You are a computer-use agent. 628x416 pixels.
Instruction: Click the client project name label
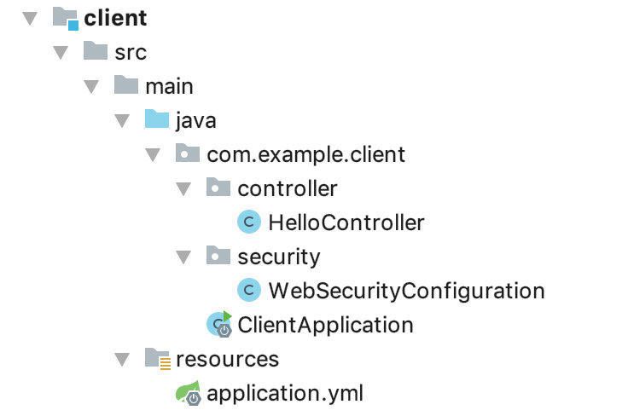tap(115, 18)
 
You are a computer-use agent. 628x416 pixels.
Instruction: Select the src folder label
tap(131, 52)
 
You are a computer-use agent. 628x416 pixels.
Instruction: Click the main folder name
tap(169, 86)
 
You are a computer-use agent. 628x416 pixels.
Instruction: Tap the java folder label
tap(195, 120)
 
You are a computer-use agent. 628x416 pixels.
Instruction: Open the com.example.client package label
tap(305, 154)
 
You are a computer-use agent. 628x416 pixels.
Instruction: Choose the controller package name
tap(287, 188)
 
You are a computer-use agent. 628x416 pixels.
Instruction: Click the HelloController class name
tap(346, 222)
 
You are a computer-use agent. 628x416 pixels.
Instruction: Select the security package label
tap(279, 257)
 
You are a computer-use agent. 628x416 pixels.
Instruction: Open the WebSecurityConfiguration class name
tap(406, 291)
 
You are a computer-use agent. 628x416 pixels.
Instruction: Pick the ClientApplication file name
tap(325, 325)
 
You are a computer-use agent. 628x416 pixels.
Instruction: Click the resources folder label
tap(227, 359)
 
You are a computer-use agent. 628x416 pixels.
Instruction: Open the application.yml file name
tap(285, 393)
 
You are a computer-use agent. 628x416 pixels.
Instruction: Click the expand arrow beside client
tap(30, 18)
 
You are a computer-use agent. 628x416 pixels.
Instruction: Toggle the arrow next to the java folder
tap(122, 120)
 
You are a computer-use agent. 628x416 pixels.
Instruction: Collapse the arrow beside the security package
tap(183, 257)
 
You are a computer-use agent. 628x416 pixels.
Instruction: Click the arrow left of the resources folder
tap(122, 359)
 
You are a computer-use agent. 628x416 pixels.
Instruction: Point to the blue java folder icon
tap(157, 119)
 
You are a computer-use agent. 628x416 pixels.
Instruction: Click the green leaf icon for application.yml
tap(188, 392)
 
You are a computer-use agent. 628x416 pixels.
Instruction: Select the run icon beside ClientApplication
tap(219, 324)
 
